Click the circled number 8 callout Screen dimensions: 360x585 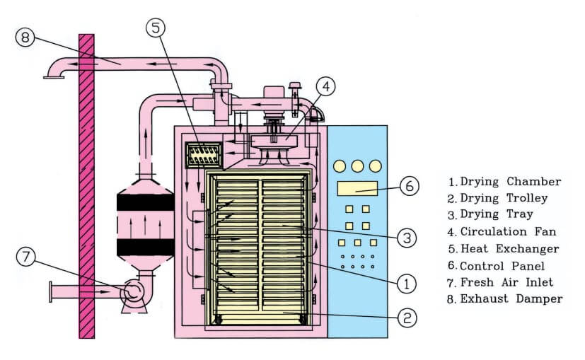point(25,37)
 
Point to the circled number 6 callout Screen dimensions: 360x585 point(410,186)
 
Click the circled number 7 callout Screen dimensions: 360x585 point(26,257)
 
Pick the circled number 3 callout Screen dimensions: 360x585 point(404,238)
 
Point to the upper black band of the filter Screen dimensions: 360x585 point(145,202)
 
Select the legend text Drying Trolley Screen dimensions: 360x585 point(504,198)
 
